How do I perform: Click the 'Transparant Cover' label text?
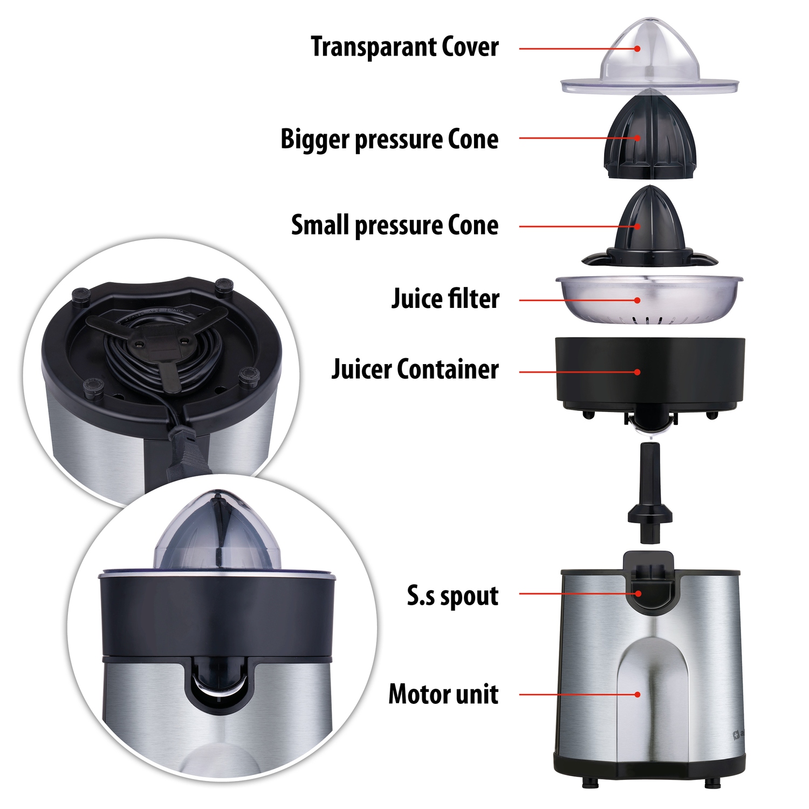click(404, 46)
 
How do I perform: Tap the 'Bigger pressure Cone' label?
click(389, 140)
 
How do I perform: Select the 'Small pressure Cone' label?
click(395, 225)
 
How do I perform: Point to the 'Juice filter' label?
click(445, 299)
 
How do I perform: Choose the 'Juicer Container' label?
click(415, 369)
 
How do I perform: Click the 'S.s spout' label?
click(453, 596)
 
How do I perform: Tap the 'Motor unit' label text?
click(443, 694)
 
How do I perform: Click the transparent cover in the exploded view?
click(649, 59)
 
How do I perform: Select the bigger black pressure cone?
click(652, 135)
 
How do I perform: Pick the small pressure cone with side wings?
click(650, 229)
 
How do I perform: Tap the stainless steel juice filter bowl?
click(649, 300)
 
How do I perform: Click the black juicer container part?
click(650, 378)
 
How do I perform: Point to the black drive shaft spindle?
click(650, 493)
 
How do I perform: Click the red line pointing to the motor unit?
click(578, 695)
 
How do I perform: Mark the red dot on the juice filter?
click(637, 300)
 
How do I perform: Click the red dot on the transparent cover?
click(637, 49)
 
